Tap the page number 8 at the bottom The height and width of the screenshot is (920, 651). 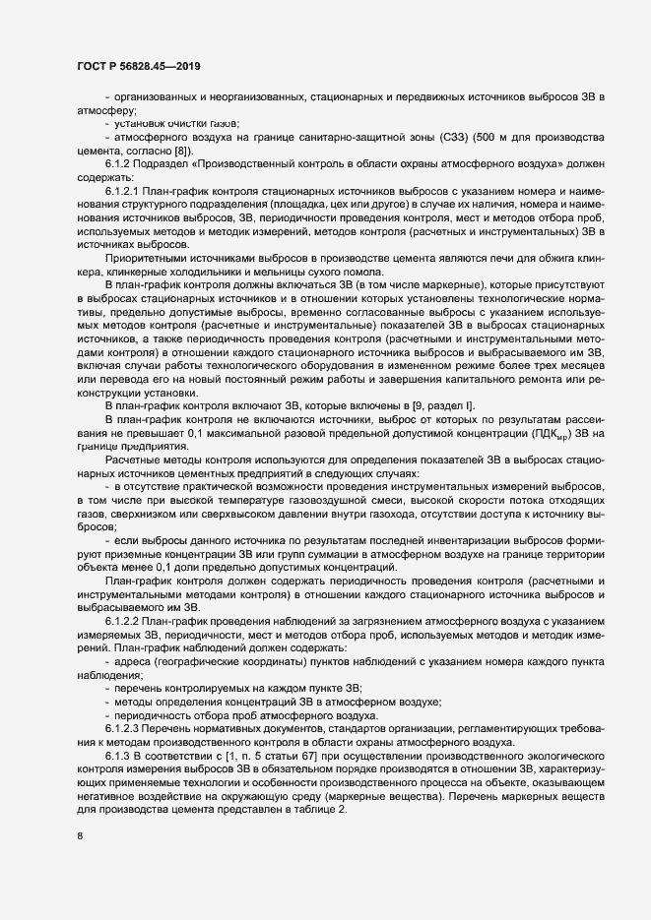point(80,837)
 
